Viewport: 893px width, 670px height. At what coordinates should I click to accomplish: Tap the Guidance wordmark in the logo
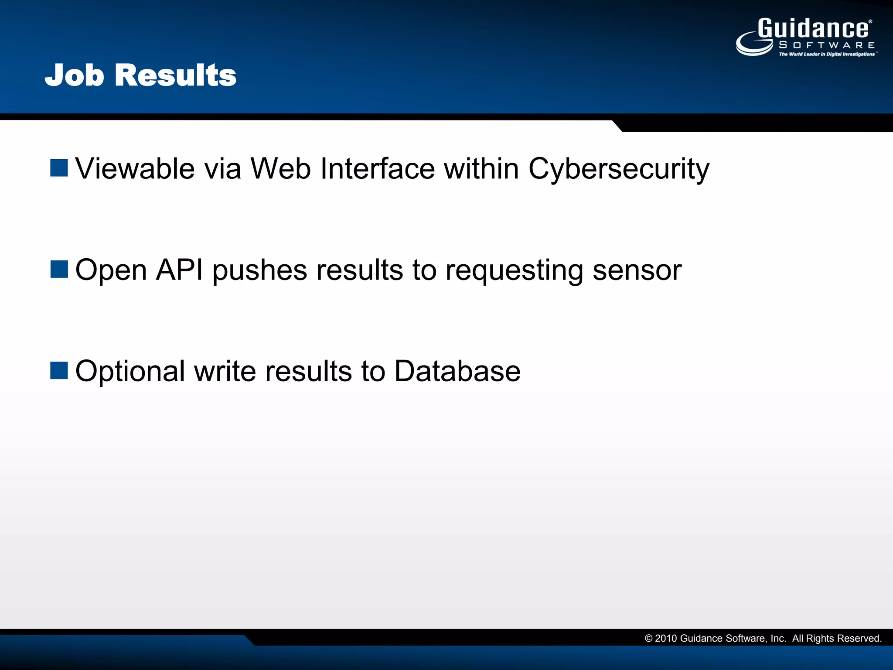pyautogui.click(x=814, y=29)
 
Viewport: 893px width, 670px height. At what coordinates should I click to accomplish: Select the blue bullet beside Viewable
pyautogui.click(x=59, y=168)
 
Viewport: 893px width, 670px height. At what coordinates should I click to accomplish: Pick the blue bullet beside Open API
pyautogui.click(x=59, y=269)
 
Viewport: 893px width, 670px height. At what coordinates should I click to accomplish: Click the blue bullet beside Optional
pyautogui.click(x=59, y=371)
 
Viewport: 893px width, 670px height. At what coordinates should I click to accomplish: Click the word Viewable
pyautogui.click(x=135, y=168)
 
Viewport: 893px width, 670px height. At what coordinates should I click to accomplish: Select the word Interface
pyautogui.click(x=377, y=168)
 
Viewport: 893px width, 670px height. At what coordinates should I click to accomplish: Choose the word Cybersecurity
pyautogui.click(x=619, y=169)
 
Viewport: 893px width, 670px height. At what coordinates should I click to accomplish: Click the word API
pyautogui.click(x=179, y=270)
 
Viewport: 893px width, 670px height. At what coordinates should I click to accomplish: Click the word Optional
pyautogui.click(x=130, y=372)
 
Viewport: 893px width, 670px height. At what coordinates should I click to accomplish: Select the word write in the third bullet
pyautogui.click(x=225, y=371)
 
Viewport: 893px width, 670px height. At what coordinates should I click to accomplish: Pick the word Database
pyautogui.click(x=457, y=371)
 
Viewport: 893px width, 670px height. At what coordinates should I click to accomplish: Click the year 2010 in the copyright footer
pyautogui.click(x=666, y=639)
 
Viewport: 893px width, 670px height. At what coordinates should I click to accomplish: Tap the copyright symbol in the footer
pyautogui.click(x=648, y=639)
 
